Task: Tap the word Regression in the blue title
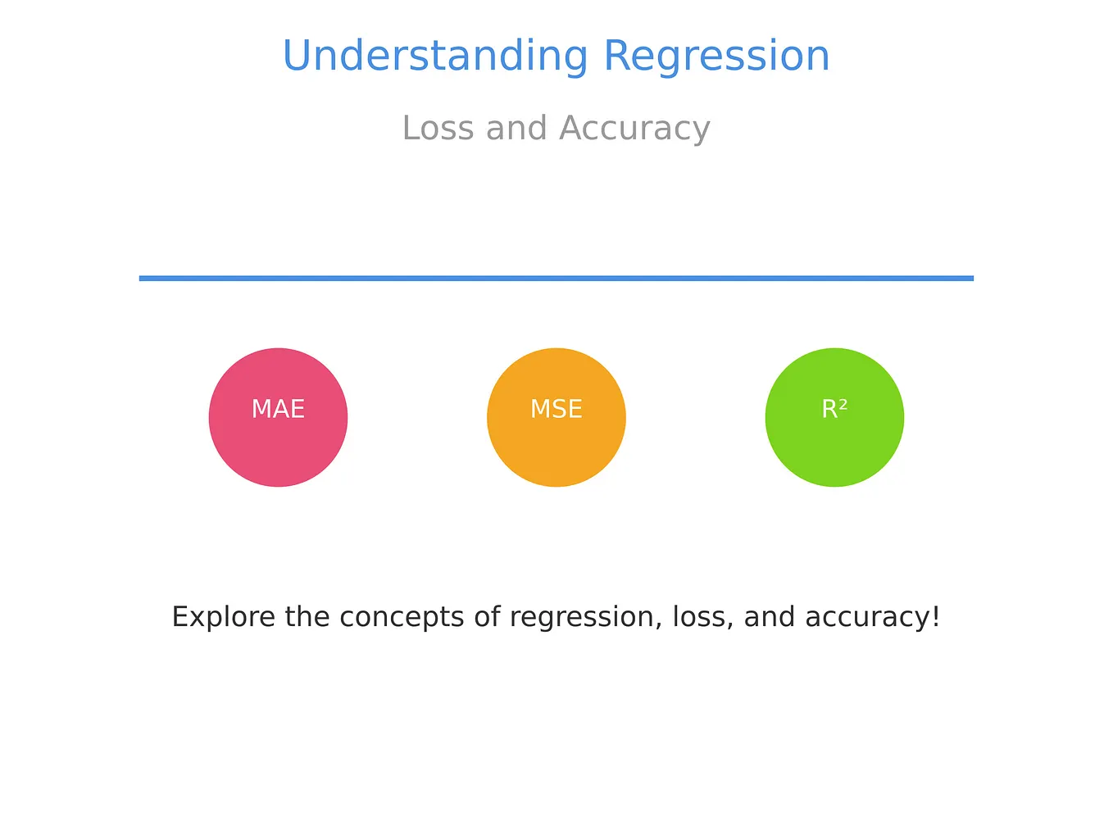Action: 716,57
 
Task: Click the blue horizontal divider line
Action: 556,279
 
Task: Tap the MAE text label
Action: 278,409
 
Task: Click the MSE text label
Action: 556,409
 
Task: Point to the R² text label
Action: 834,409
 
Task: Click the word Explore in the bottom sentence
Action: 224,617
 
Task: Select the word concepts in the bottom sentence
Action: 402,617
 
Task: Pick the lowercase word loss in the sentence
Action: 701,617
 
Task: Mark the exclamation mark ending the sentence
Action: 935,617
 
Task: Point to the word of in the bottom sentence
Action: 488,617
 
